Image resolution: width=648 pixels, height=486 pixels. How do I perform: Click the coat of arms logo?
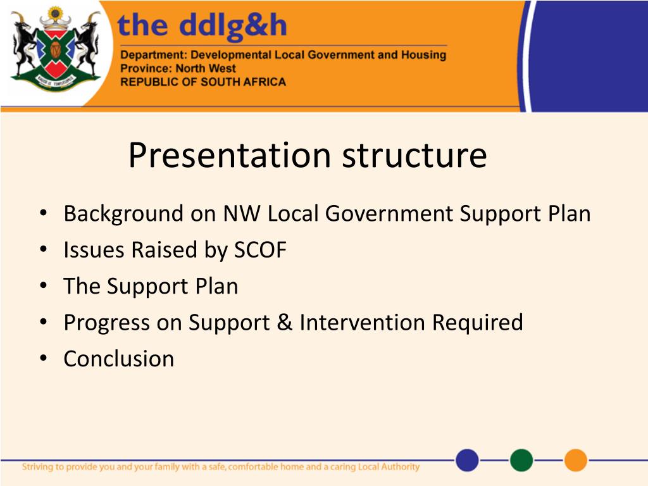pos(56,49)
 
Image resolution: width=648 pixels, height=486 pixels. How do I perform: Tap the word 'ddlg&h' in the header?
pos(233,25)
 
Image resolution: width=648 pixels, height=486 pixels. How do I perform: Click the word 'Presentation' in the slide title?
pos(230,156)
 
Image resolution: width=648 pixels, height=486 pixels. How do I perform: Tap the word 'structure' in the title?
pos(414,156)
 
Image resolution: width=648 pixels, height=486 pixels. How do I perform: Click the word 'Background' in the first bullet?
pos(123,215)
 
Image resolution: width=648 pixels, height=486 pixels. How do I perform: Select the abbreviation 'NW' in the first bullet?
pos(242,214)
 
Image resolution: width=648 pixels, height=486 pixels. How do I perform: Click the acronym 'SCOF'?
pos(260,250)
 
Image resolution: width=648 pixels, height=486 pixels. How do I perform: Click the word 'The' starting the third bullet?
pos(82,286)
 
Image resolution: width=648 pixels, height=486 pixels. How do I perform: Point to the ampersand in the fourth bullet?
pos(284,322)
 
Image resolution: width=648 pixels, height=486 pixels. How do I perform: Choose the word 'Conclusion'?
pos(119,359)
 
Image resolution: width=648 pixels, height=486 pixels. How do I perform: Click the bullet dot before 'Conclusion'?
pos(44,358)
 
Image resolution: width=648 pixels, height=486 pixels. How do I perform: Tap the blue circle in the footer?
pos(468,460)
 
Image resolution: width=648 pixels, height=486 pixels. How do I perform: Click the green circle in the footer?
pos(521,460)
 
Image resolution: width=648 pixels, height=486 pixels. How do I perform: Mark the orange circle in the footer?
pos(576,460)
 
